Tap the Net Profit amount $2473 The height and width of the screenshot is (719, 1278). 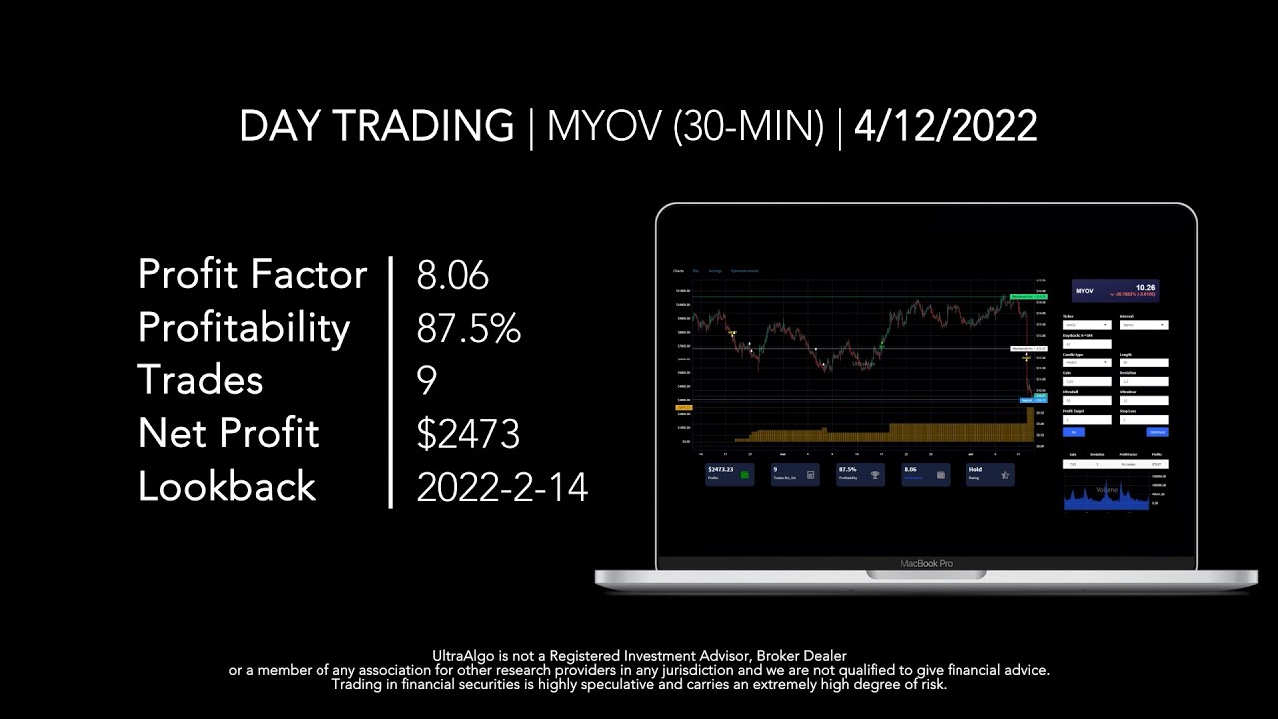click(x=468, y=434)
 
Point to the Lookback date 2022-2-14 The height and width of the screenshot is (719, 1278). click(x=502, y=487)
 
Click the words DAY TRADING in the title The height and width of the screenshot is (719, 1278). click(x=376, y=127)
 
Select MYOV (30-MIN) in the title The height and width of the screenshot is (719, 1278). click(x=685, y=127)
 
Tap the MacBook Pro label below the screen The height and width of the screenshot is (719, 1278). click(x=926, y=564)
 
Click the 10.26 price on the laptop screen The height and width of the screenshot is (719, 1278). click(x=1146, y=288)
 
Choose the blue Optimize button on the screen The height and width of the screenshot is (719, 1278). click(x=1157, y=432)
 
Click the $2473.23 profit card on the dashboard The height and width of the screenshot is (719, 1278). click(x=728, y=473)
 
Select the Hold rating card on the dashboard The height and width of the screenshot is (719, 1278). click(x=990, y=473)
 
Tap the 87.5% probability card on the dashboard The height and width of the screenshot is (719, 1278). click(x=860, y=473)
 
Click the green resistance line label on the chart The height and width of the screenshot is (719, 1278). click(x=1027, y=297)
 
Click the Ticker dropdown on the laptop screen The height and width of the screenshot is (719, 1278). click(x=1087, y=325)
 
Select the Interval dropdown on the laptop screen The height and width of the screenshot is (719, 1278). click(x=1144, y=325)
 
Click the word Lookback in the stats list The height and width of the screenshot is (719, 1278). click(x=227, y=487)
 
